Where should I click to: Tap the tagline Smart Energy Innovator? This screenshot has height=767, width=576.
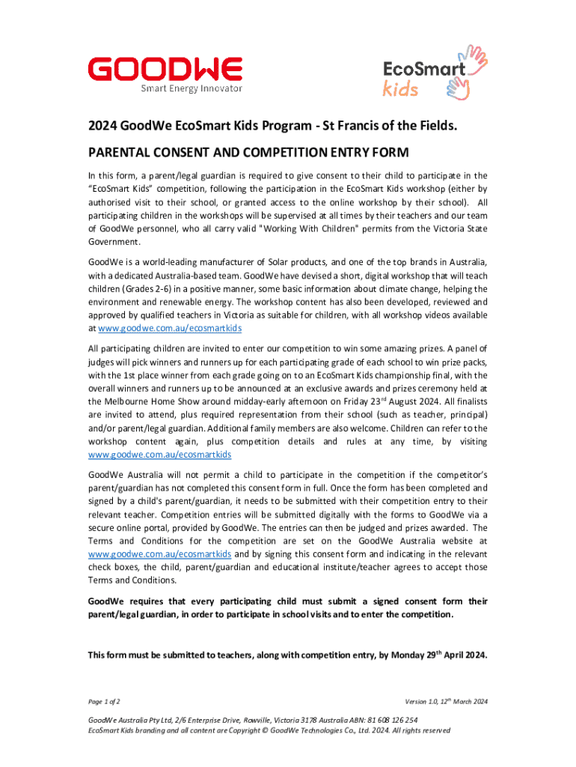pyautogui.click(x=192, y=88)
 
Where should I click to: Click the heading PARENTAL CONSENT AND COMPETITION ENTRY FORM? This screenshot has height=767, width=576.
pyautogui.click(x=248, y=153)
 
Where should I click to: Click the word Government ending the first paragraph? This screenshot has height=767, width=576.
pyautogui.click(x=114, y=243)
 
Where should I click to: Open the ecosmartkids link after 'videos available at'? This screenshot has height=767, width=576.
pyautogui.click(x=165, y=329)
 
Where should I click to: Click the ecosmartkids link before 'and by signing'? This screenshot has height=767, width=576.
pyautogui.click(x=159, y=554)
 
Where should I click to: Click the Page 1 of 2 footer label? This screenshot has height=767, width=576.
pyautogui.click(x=105, y=701)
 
